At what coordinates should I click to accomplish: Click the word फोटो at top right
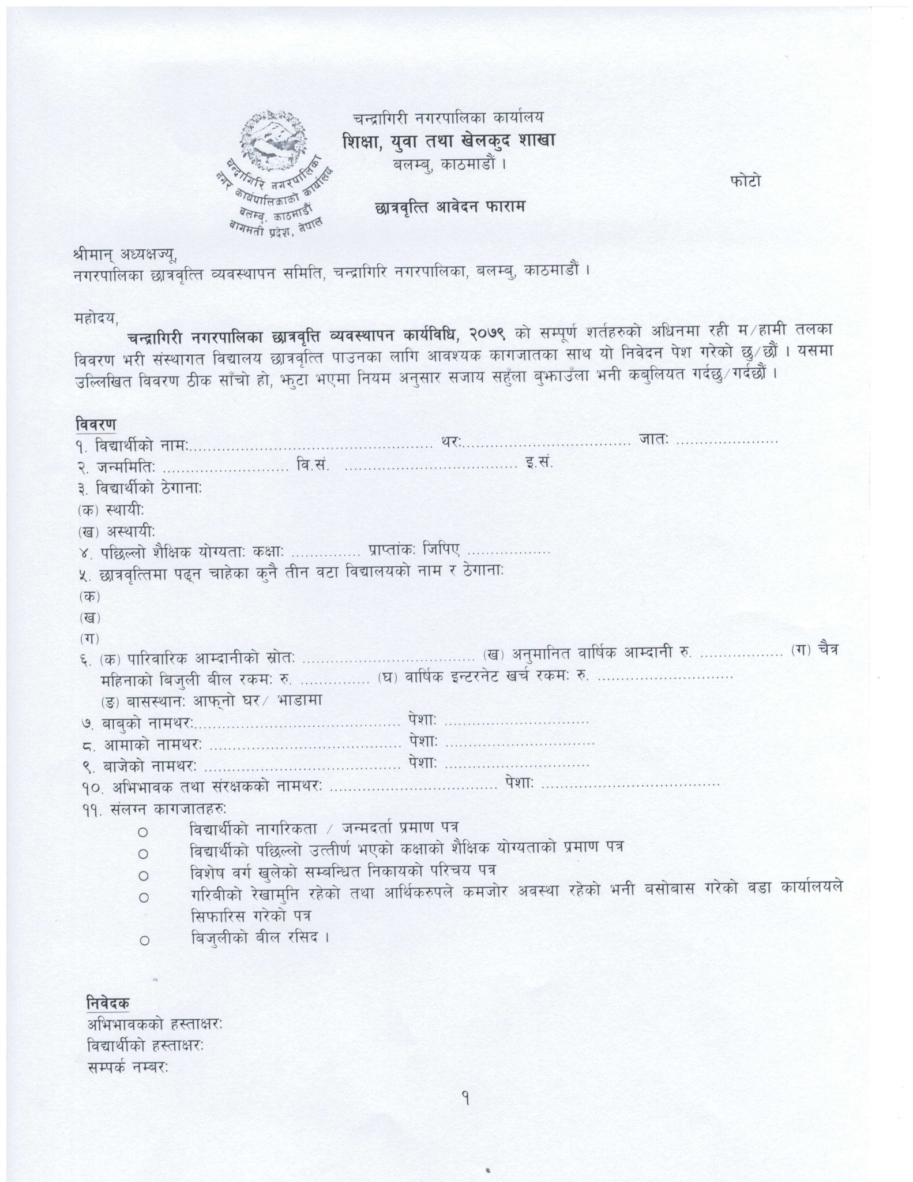[x=746, y=181]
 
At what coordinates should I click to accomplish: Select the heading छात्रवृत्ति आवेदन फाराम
[x=450, y=207]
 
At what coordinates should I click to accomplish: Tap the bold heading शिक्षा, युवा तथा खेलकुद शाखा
[x=448, y=140]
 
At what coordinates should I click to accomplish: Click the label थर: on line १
[x=450, y=442]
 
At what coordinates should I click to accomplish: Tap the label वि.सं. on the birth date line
[x=313, y=465]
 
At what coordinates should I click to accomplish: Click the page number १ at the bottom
[x=465, y=1098]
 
